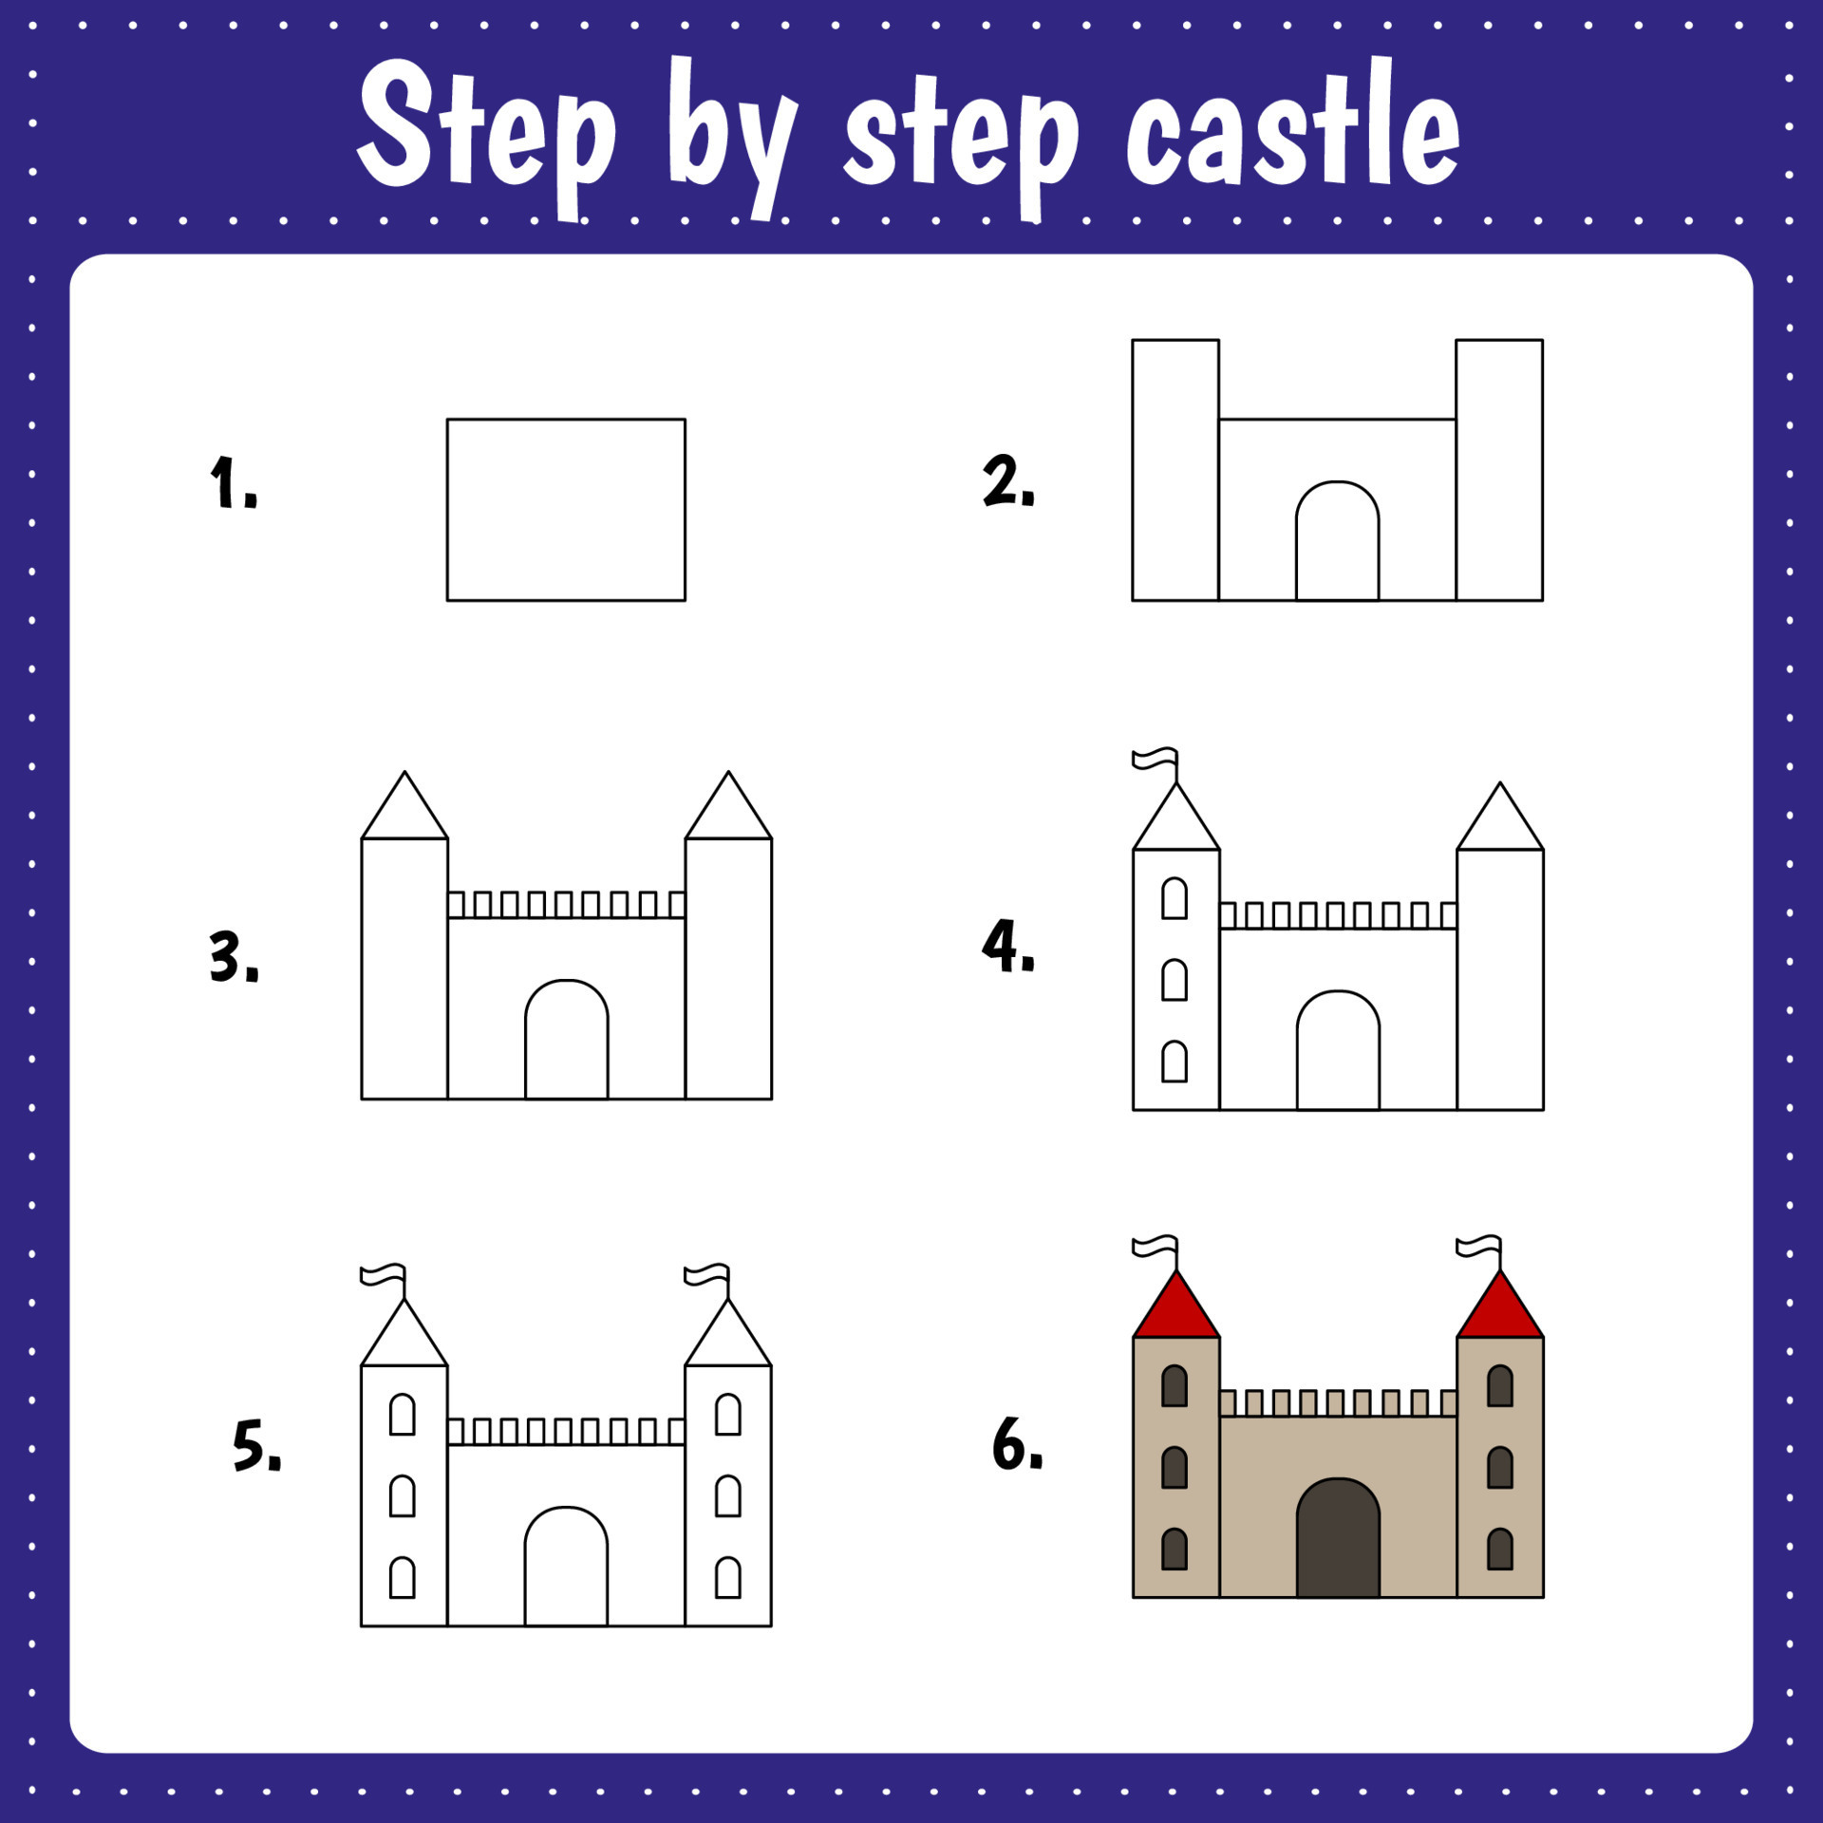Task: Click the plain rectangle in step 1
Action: pos(566,510)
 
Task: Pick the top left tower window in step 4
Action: pos(1174,898)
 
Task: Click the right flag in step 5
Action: pos(708,1275)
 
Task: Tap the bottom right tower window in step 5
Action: pos(727,1577)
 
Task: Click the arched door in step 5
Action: pos(566,1569)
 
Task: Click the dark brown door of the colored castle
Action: pos(1337,1541)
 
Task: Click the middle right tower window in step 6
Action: pos(1499,1467)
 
